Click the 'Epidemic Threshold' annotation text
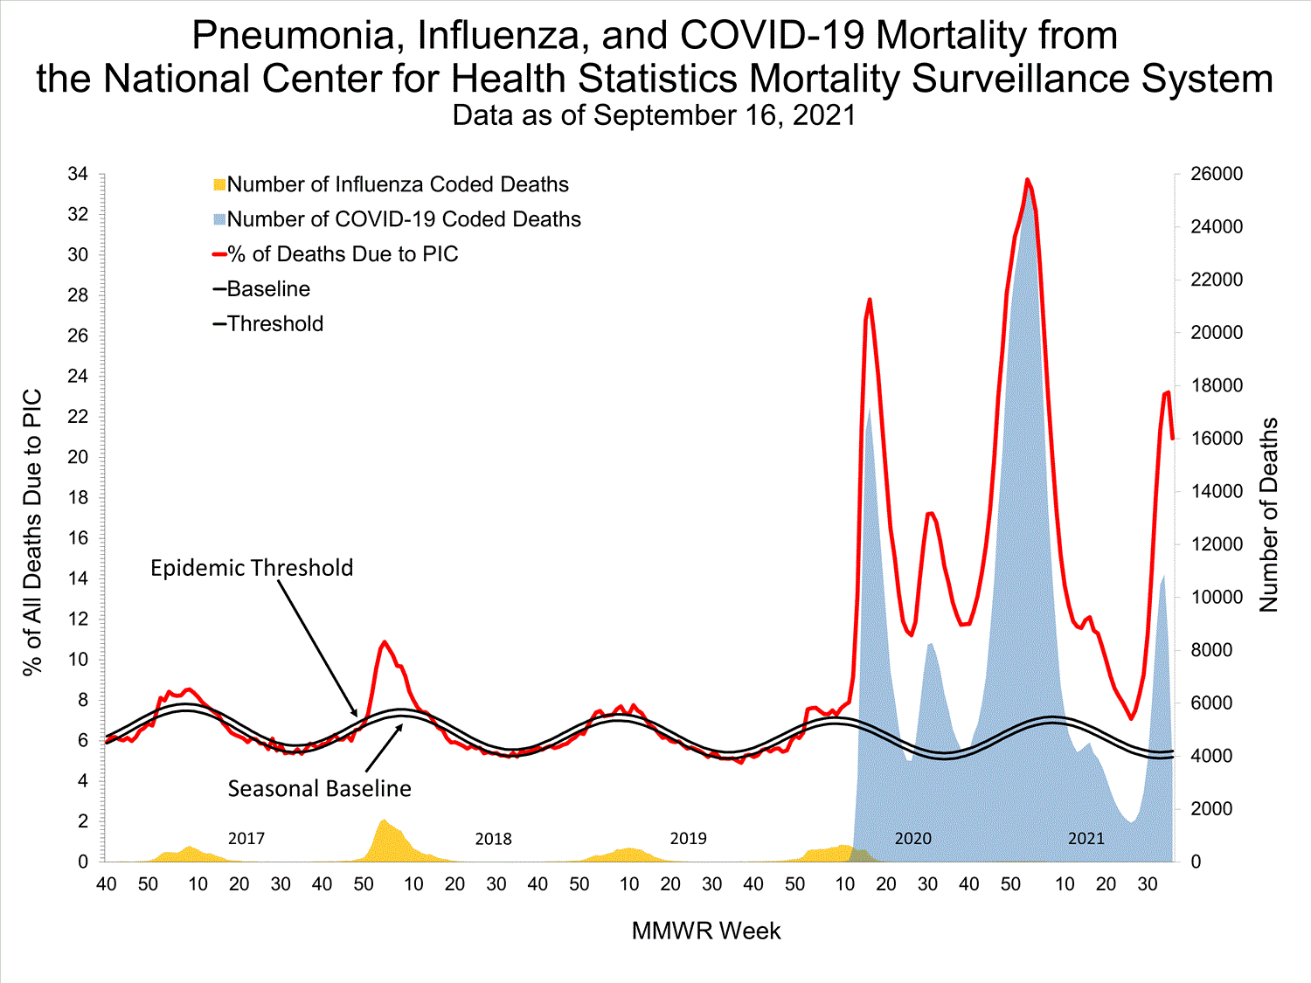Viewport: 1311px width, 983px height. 252,568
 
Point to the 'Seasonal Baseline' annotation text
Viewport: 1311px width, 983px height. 319,789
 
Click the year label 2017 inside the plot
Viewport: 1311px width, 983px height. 246,839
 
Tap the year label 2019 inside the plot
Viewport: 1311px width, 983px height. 688,839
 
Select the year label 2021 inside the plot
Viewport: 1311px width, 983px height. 1086,839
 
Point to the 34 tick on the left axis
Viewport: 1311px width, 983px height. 78,175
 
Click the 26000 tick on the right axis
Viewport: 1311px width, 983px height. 1217,175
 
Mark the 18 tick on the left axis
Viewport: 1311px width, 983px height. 78,498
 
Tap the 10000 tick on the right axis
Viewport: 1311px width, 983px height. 1217,598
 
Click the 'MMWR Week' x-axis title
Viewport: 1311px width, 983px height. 706,931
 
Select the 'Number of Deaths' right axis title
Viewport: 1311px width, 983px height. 1268,516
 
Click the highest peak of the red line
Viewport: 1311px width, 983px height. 1028,179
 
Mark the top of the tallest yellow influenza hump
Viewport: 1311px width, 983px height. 383,820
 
